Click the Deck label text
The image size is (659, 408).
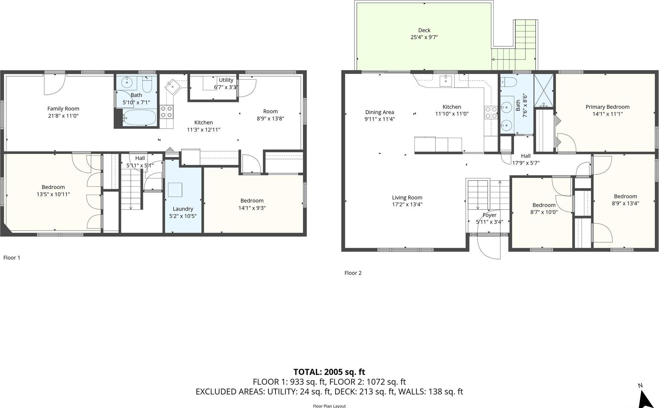click(424, 30)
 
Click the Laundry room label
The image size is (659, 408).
click(183, 209)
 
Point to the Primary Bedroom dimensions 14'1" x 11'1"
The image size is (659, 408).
click(607, 114)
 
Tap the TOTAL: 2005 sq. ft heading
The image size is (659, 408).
click(329, 372)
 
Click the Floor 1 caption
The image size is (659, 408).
click(12, 257)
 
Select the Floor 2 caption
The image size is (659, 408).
click(353, 273)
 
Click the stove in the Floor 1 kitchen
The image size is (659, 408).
click(166, 112)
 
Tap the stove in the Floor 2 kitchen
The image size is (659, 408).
click(491, 112)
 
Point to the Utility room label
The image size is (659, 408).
click(226, 80)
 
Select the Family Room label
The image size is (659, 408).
click(63, 108)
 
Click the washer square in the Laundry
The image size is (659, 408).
click(175, 190)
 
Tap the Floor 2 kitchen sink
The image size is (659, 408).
click(445, 81)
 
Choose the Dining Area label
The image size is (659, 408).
click(379, 112)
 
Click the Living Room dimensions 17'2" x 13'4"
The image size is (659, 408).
click(407, 205)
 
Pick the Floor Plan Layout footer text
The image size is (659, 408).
click(329, 406)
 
